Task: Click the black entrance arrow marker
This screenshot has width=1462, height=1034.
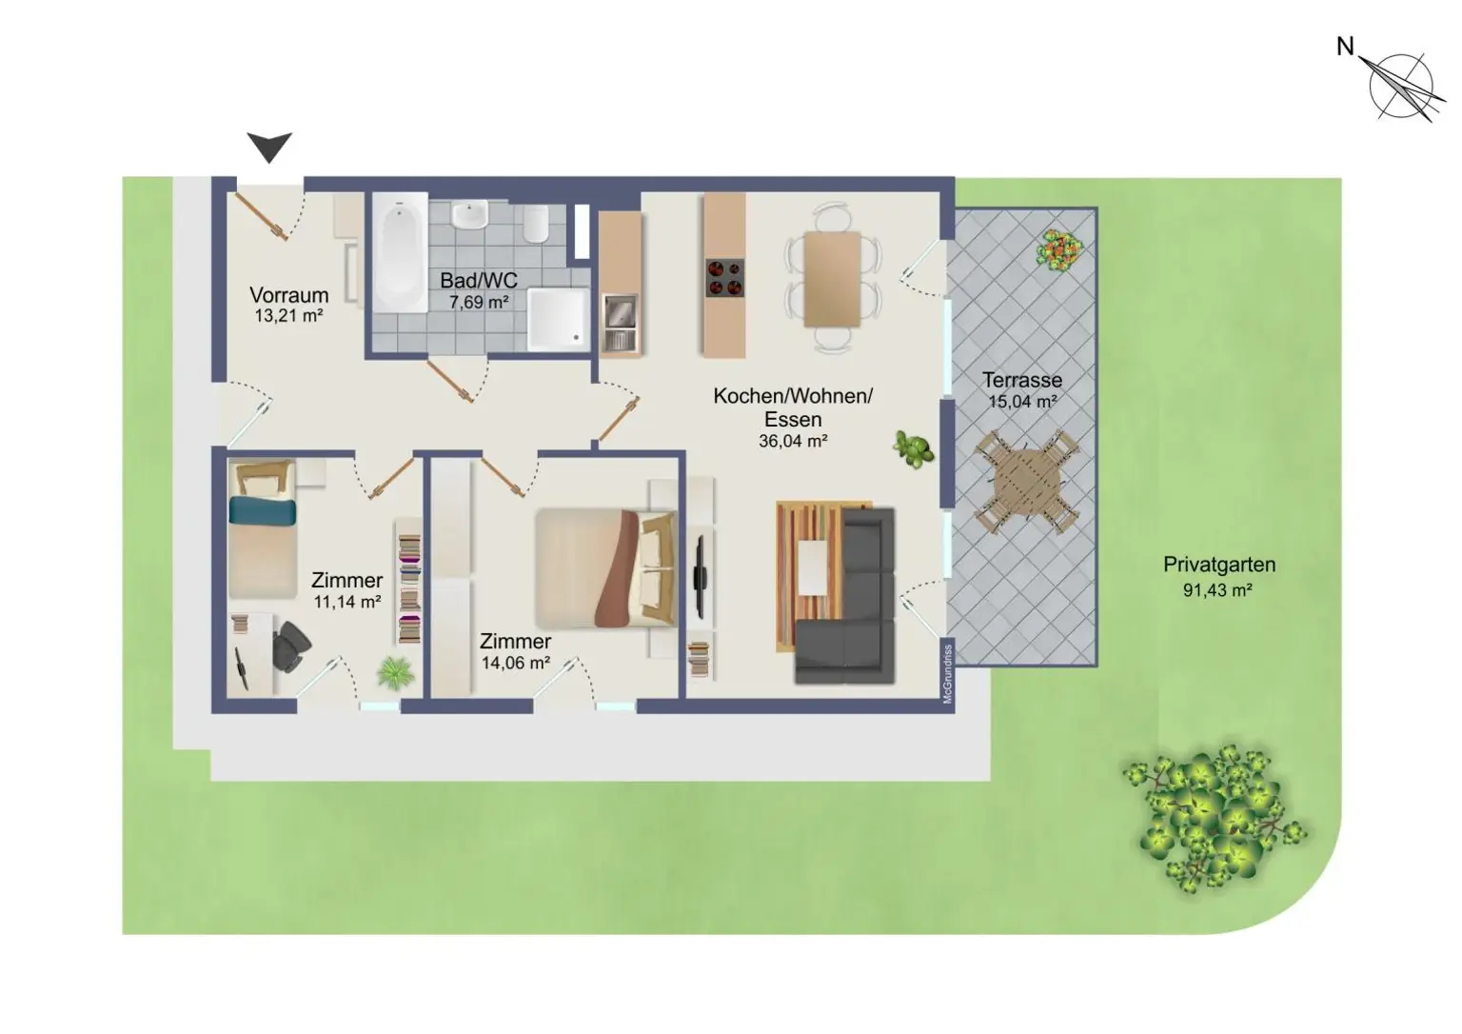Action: coord(269,147)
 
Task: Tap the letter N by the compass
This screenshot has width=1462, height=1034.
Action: coord(1345,47)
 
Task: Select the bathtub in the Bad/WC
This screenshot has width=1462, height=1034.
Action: coord(400,252)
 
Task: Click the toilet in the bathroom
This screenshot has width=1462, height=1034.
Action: coord(536,224)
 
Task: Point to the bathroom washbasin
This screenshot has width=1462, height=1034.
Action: coord(470,215)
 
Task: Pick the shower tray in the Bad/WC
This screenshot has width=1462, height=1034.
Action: coord(558,319)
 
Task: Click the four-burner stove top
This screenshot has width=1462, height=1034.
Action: coord(724,278)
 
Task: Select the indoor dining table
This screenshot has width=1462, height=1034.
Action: coord(832,279)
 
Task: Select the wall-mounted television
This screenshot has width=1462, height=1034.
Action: coord(700,577)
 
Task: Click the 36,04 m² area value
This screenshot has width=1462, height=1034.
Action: coord(793,441)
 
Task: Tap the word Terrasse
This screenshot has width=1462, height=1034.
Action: coord(1022,379)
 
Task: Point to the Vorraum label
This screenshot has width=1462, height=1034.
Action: coord(288,295)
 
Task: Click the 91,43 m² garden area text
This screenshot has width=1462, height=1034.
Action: coord(1217,590)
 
